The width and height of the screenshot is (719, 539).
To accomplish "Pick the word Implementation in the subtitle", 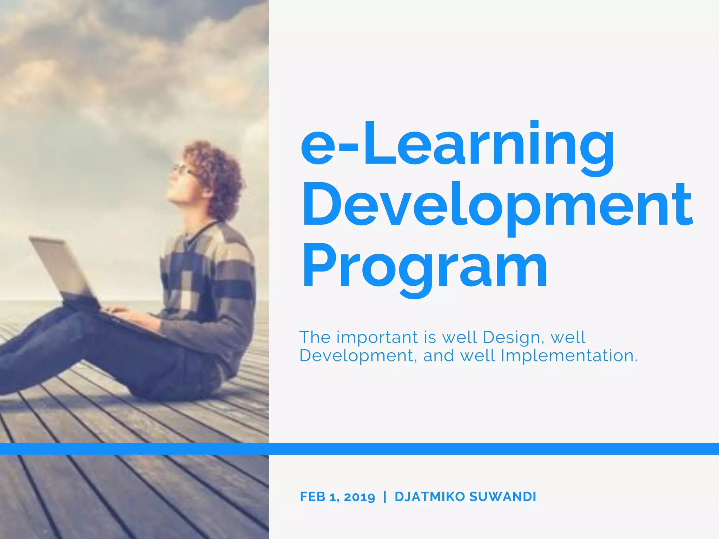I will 569,356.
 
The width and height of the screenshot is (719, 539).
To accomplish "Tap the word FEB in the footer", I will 312,497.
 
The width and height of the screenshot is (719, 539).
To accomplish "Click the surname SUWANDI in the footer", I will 503,497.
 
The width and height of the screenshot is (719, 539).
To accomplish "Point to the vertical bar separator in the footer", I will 385,497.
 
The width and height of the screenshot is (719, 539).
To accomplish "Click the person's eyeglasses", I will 183,169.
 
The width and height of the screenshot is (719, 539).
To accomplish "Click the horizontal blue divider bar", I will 359,448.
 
